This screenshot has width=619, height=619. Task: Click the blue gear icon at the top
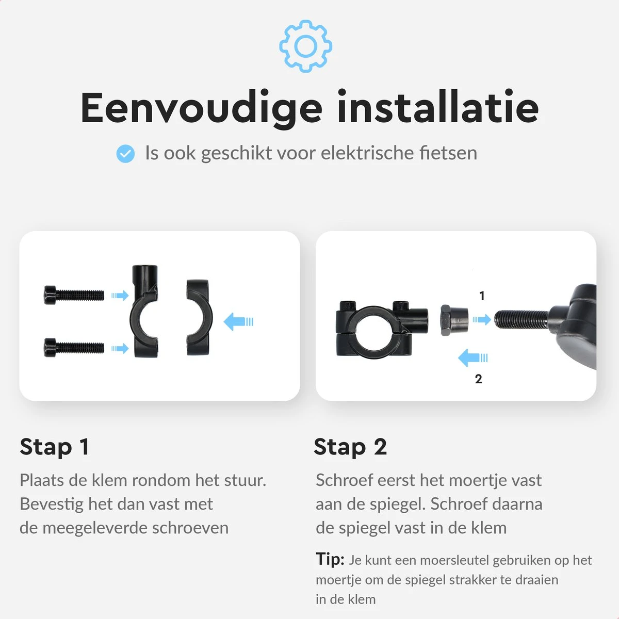[x=305, y=46]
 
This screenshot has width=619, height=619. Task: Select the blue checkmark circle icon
[x=125, y=154]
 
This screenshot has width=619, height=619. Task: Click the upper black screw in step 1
[x=74, y=295]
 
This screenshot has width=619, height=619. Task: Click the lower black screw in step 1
[x=74, y=347]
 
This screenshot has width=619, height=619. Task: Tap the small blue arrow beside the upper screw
[x=120, y=296]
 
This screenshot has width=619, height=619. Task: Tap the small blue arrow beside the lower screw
[x=120, y=348]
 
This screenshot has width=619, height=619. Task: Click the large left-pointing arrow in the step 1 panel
[x=238, y=321]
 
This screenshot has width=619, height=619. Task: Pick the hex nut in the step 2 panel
[x=454, y=320]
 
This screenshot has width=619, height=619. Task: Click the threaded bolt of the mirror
[x=521, y=319]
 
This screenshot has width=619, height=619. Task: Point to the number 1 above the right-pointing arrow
[x=482, y=296]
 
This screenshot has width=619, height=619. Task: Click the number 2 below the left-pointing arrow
[x=478, y=379]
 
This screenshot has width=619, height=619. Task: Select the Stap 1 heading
[x=54, y=447]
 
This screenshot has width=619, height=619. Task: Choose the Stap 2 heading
[x=350, y=447]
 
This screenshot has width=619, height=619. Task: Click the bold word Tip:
[x=330, y=559]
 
